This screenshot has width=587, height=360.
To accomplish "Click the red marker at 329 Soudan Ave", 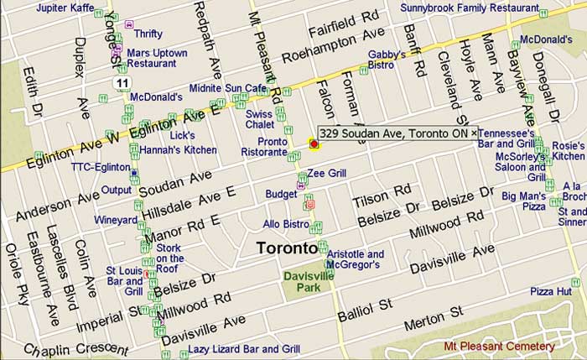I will tap(314, 144).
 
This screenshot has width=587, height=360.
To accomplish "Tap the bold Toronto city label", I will tap(287, 248).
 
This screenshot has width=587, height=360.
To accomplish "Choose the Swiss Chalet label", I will tap(259, 118).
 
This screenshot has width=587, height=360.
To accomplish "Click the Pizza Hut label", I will tap(551, 290).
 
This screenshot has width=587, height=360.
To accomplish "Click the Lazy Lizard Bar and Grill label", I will tap(244, 348).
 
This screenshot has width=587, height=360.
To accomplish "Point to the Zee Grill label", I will tap(327, 173).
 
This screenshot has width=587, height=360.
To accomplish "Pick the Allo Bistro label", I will tap(286, 224).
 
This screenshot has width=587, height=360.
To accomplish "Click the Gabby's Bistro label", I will tap(387, 60).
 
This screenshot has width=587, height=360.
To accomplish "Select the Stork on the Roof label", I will tap(169, 258).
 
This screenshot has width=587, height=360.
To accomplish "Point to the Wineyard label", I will tap(116, 220).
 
